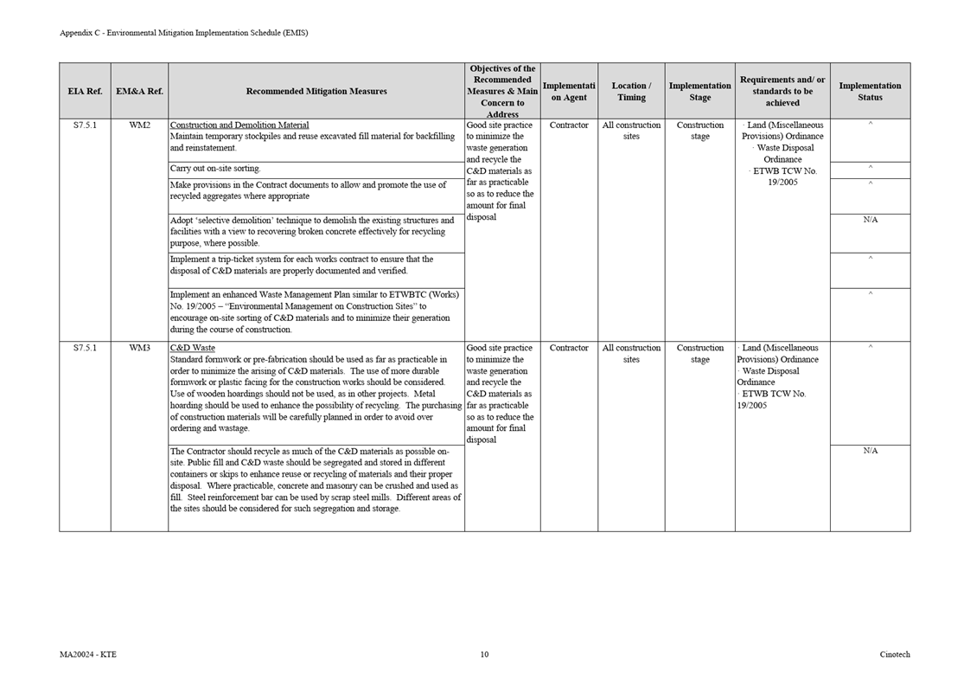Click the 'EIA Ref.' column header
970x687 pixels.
(x=85, y=91)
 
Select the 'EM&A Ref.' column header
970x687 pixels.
(x=139, y=91)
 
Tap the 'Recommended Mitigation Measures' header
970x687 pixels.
(x=316, y=91)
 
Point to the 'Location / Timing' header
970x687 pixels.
(x=631, y=91)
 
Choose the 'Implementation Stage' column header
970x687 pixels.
(x=699, y=91)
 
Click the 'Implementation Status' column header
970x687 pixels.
(x=870, y=91)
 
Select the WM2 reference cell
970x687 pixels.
(x=139, y=125)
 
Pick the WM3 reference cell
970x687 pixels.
(x=139, y=348)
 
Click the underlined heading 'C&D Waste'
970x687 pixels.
(x=193, y=348)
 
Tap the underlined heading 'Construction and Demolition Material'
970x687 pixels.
(x=239, y=125)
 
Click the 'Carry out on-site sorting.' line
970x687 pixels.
(x=215, y=169)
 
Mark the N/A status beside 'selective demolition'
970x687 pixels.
(x=870, y=220)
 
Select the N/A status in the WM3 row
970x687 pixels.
(x=870, y=451)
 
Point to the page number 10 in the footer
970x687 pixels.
(x=484, y=655)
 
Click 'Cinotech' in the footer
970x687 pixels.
(x=895, y=655)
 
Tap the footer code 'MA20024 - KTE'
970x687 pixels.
(x=87, y=655)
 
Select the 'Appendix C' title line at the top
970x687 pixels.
(x=183, y=33)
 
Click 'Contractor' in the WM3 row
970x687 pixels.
(x=569, y=348)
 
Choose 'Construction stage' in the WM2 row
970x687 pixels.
(x=699, y=131)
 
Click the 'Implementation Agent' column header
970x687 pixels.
(x=569, y=91)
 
